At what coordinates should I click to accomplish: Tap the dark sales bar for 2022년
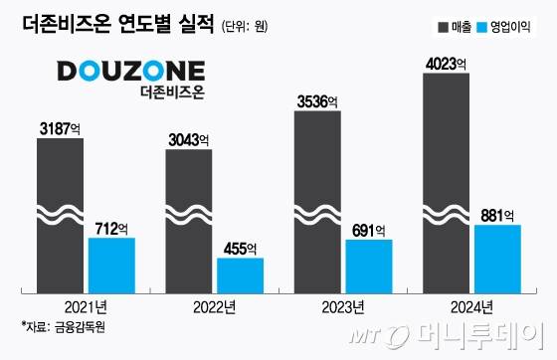click(188, 220)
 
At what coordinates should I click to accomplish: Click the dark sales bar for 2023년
click(317, 199)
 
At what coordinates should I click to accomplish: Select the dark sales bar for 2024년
click(446, 179)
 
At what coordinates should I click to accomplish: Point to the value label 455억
click(240, 249)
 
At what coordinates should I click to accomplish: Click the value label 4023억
click(446, 62)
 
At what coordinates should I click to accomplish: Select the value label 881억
click(497, 215)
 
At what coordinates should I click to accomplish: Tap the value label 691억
click(369, 230)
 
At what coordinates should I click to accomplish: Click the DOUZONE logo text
click(130, 72)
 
